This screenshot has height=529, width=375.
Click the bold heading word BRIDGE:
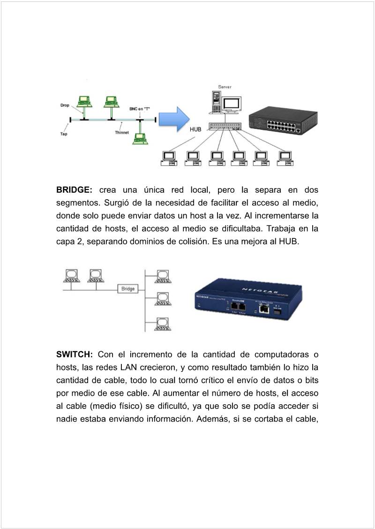coord(74,190)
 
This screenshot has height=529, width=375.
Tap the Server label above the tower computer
coord(225,87)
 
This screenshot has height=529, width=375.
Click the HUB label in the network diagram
coord(195,129)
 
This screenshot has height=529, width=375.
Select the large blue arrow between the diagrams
coord(173,119)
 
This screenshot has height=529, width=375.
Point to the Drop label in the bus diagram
coord(65,105)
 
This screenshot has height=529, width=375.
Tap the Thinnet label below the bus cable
coord(122,133)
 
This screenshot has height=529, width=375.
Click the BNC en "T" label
coord(139,108)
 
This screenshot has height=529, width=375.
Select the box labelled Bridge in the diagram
coord(128,289)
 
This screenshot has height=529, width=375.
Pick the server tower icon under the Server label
coord(216,101)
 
